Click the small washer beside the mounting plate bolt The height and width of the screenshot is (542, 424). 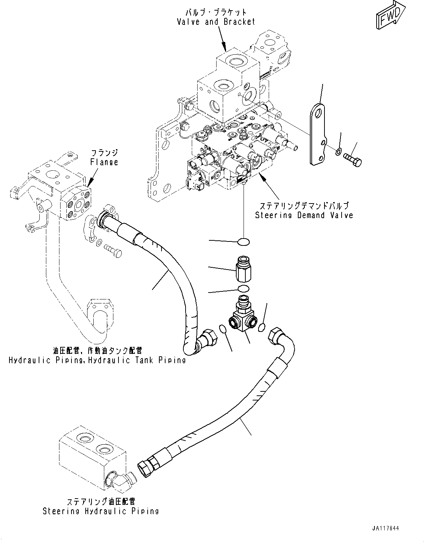(338, 151)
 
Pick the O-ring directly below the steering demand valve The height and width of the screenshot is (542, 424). (243, 242)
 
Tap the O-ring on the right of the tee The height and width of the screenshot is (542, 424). (261, 329)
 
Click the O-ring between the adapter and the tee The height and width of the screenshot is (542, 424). (243, 289)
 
